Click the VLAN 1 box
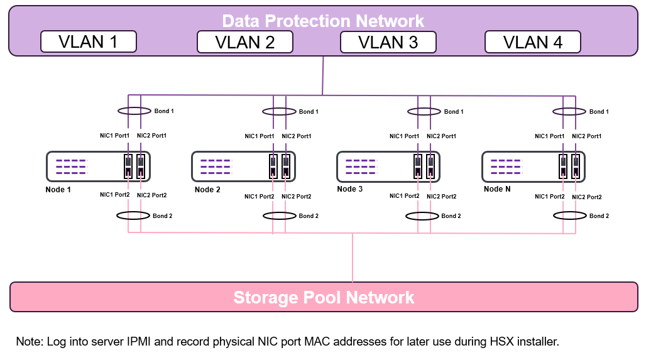coord(88,42)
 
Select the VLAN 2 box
coord(244,42)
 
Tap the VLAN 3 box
coord(388,42)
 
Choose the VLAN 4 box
coord(532,42)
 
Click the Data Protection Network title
coord(323,21)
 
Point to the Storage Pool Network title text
coord(324,297)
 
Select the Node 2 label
coord(207,190)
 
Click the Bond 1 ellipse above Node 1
coord(134,111)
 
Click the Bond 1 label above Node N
coord(599,112)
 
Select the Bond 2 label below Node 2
coord(309,216)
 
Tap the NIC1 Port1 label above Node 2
coord(260,136)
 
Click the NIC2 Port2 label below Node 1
coord(151,195)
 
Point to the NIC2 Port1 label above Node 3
coord(441,136)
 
